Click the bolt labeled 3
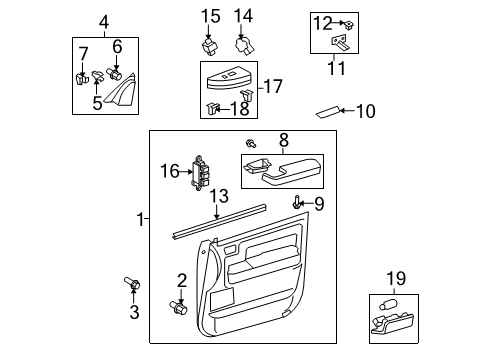click(132, 287)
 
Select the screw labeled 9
click(297, 203)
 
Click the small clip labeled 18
click(212, 107)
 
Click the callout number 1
click(140, 217)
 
